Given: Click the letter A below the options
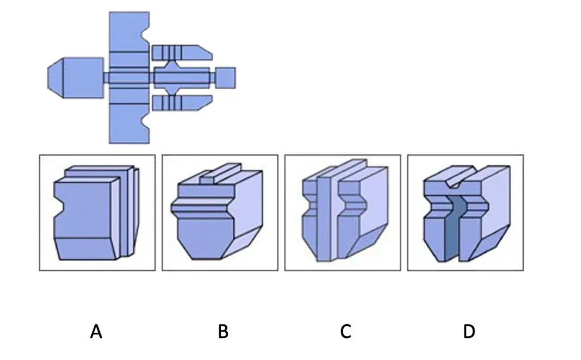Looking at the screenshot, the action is (x=96, y=331).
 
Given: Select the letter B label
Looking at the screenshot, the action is (x=223, y=331).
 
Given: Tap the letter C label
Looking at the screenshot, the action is (x=346, y=331).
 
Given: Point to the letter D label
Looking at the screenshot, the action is (x=469, y=331).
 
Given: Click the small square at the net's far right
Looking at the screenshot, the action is (x=225, y=78).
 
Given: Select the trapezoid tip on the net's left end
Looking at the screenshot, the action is (x=56, y=78).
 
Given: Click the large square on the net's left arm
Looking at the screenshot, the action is (x=83, y=78).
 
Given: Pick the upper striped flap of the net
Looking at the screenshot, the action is (x=182, y=53).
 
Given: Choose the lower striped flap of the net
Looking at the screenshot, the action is (x=182, y=103).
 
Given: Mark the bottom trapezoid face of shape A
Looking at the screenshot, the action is (x=86, y=248).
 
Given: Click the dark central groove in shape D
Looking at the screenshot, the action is (x=453, y=228).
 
